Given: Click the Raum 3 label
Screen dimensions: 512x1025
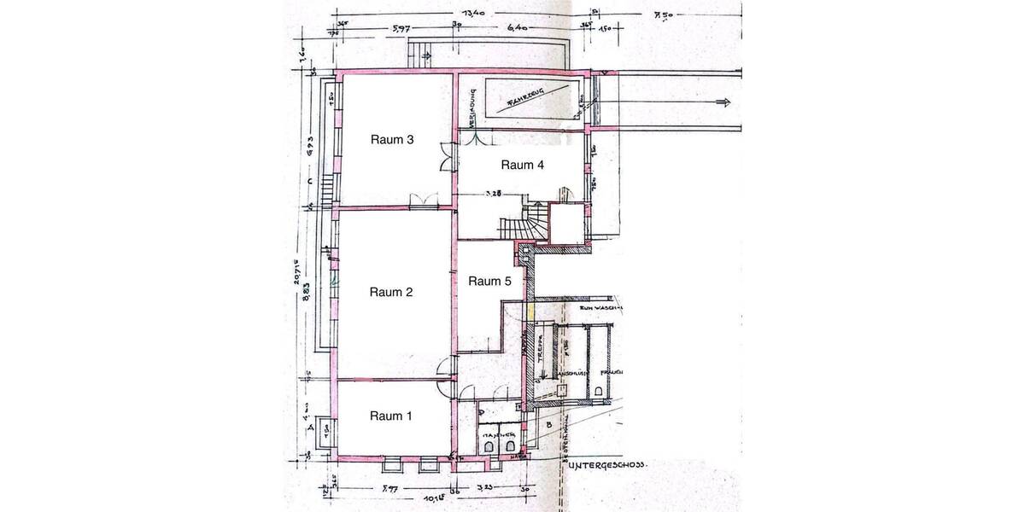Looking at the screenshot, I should click(x=392, y=140).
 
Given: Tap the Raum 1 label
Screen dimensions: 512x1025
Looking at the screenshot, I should click(x=391, y=416).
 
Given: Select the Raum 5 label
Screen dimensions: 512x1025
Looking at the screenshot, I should click(x=489, y=282).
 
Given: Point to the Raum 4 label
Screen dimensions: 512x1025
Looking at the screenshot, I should click(x=522, y=166).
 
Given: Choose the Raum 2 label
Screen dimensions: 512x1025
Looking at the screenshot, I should click(x=391, y=293).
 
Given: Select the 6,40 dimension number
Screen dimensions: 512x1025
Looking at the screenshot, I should click(x=518, y=29).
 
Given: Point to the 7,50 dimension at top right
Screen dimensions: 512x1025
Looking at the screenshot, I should click(x=663, y=15).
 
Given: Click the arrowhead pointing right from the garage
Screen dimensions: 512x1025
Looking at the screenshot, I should click(x=725, y=103).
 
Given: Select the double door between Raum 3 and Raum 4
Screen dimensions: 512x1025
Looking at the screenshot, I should click(x=447, y=155).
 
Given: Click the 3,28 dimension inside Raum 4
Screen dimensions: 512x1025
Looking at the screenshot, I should click(x=493, y=193).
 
